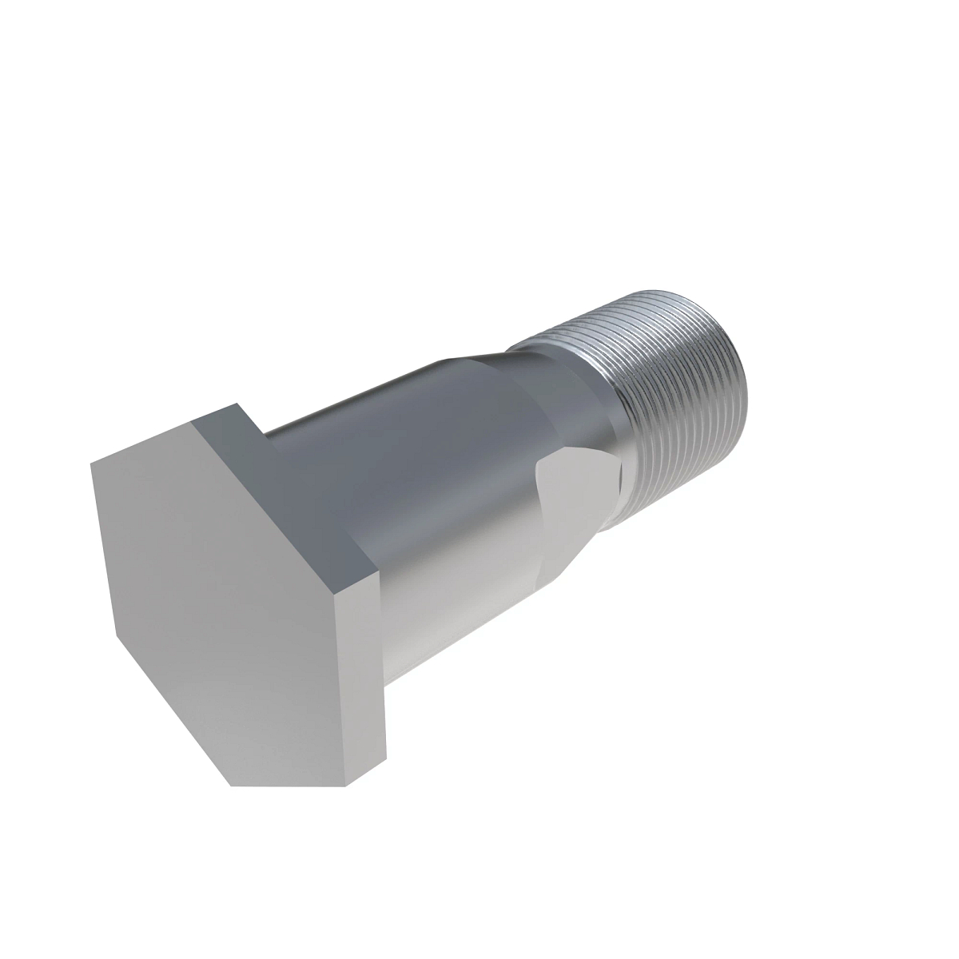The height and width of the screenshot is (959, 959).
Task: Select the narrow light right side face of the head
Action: [x=364, y=671]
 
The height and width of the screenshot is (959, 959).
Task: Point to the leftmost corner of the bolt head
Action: [x=90, y=462]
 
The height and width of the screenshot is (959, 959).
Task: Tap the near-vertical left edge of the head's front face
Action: [x=104, y=551]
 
